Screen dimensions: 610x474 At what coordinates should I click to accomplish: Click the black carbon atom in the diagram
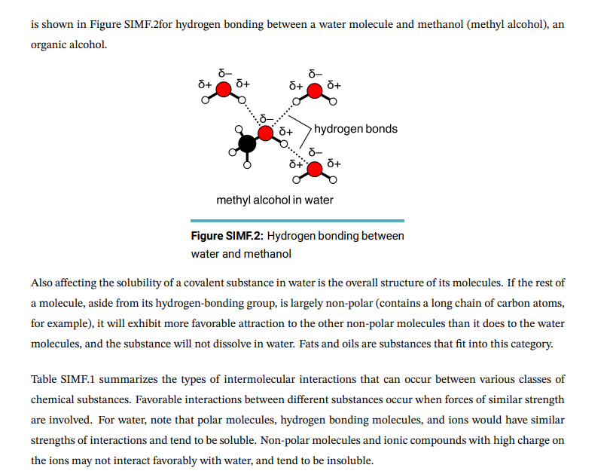tap(246, 143)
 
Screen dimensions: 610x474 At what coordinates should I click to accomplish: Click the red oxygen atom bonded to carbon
tap(265, 133)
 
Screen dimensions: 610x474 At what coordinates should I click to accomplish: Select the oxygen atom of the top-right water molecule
tap(316, 91)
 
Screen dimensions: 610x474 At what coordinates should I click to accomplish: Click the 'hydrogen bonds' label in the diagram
tap(355, 129)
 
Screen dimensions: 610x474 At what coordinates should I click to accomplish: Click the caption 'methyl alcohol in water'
tap(274, 200)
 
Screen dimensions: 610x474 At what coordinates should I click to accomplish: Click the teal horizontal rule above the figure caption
tap(297, 220)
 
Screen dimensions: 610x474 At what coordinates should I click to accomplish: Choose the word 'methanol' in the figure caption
tap(268, 254)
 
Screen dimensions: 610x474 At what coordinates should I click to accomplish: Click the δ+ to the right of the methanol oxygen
tap(285, 131)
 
